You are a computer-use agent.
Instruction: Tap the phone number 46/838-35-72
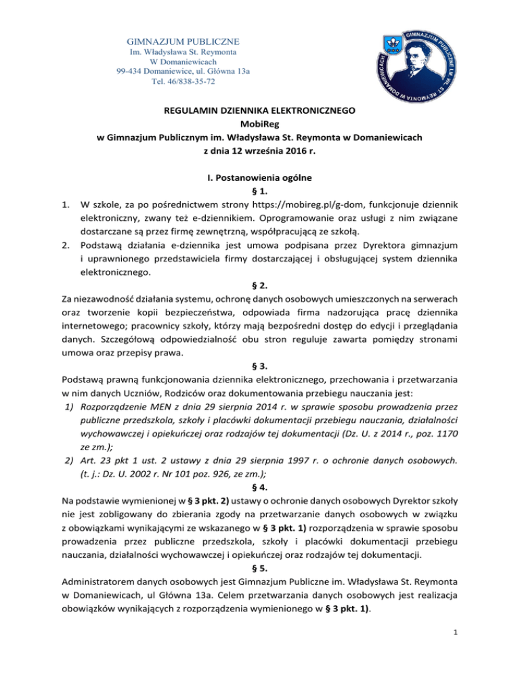(x=179, y=81)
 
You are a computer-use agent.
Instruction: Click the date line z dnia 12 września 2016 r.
(x=260, y=151)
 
